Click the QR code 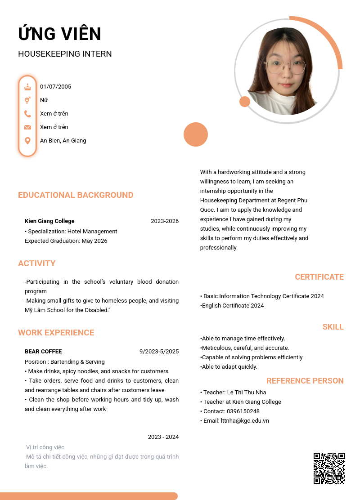tap(329, 468)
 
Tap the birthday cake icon tap(27, 87)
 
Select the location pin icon tap(27, 141)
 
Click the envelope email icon tap(27, 127)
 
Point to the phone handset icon tap(27, 114)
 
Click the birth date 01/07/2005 tap(55, 87)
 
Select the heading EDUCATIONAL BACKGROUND tap(76, 195)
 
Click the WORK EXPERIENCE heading tap(56, 333)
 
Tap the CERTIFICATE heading tap(319, 277)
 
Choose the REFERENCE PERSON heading tap(305, 381)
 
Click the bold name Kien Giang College tap(49, 221)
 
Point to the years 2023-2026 tap(165, 221)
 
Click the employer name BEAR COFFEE tap(43, 352)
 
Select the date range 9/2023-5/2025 tap(159, 352)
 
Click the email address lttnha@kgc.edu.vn tap(245, 421)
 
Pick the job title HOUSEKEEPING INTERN tap(65, 54)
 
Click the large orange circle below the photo tap(196, 134)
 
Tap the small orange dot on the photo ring tap(245, 102)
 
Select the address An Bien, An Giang tap(63, 141)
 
